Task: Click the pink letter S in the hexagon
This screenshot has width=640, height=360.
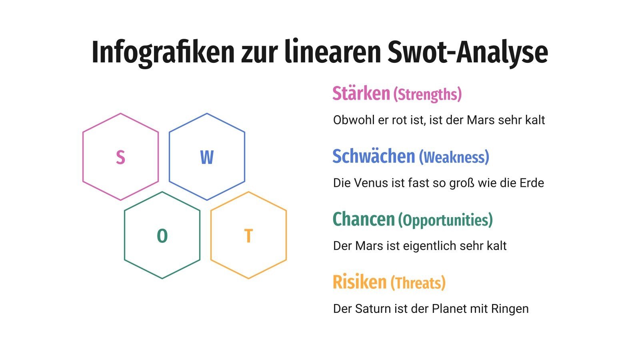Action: tap(120, 157)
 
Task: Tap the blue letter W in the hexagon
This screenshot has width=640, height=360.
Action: tap(207, 157)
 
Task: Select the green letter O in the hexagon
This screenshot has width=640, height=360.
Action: tap(162, 236)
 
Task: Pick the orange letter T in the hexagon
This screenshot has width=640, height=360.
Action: tap(248, 236)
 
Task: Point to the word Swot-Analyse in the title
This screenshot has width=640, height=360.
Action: tap(468, 52)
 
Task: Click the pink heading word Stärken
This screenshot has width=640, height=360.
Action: tap(361, 93)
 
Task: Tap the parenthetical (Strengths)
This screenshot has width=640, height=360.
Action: tap(428, 94)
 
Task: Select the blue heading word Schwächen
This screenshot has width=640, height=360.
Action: tap(374, 156)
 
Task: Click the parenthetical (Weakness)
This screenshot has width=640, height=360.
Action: tap(454, 157)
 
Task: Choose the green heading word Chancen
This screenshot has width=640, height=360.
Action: tap(364, 219)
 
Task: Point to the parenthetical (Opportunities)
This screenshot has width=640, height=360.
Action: tap(445, 220)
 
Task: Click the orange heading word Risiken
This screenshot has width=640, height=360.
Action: tap(359, 282)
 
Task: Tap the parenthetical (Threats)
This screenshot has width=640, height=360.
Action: tap(418, 283)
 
